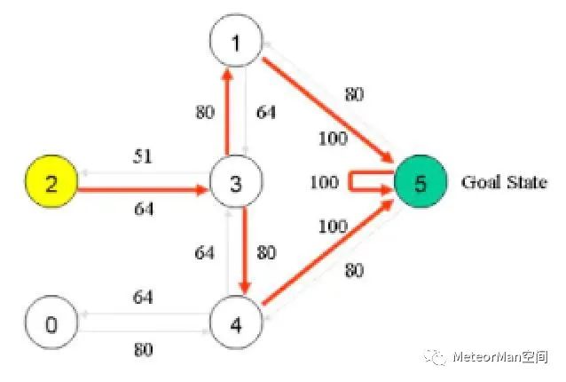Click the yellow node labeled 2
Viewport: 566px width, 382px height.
51,184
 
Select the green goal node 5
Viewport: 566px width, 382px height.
420,184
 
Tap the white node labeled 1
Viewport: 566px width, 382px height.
235,41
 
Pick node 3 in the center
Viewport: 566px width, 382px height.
235,184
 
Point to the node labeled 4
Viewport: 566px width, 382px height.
236,323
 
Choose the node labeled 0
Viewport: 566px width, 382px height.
51,323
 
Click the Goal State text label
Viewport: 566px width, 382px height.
503,183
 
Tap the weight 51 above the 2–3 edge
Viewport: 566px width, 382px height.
143,157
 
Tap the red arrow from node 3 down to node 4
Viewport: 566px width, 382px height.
243,254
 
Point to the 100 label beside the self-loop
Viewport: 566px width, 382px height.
324,182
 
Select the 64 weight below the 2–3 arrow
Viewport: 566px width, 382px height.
143,210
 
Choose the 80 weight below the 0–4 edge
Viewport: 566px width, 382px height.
143,349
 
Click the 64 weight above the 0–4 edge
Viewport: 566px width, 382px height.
143,296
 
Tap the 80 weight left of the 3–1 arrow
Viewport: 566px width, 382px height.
204,113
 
